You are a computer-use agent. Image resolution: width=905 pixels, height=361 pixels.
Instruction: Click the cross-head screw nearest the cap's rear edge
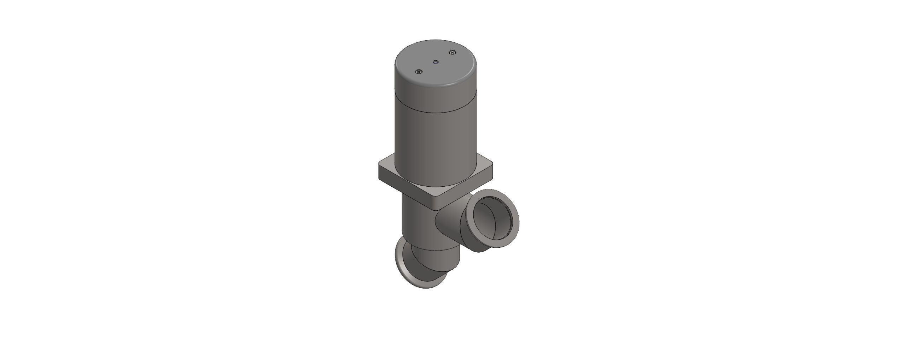click(x=452, y=53)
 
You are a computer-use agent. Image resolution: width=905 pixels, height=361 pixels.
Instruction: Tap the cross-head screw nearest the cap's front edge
click(x=419, y=72)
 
